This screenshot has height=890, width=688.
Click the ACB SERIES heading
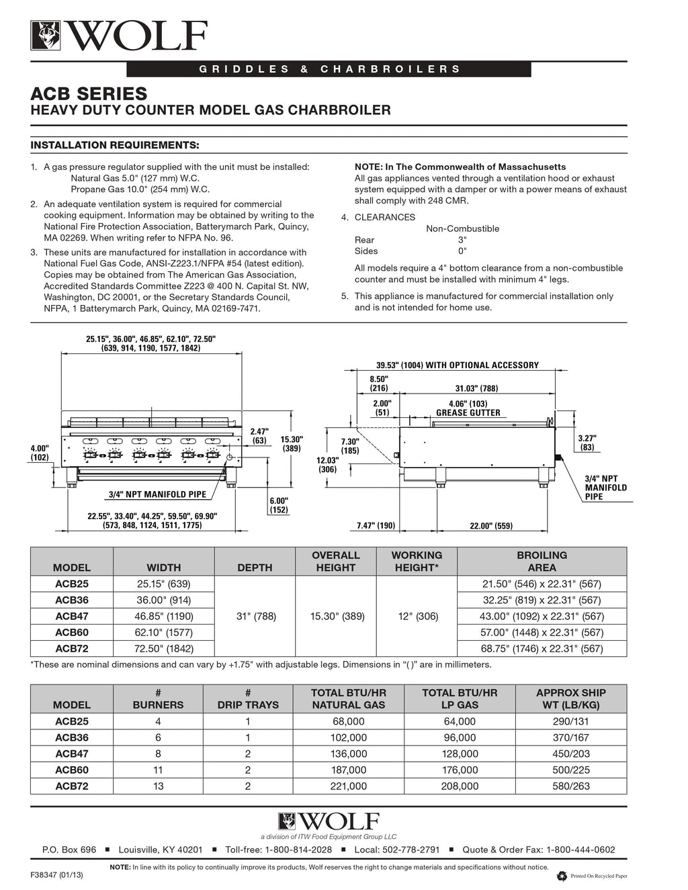coord(89,93)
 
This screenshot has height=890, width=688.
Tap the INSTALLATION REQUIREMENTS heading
coord(116,144)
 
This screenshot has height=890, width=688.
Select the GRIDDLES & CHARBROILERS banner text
coord(329,69)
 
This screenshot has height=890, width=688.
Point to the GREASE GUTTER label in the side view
coord(468,413)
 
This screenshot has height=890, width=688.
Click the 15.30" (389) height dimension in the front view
coord(291,443)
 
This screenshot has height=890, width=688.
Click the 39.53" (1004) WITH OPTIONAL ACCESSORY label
coord(458,365)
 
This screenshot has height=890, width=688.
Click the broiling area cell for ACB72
coord(542,649)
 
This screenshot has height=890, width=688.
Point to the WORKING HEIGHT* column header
coord(417,562)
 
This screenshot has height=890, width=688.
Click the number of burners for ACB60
coord(159,770)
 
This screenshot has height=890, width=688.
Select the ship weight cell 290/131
coord(570,721)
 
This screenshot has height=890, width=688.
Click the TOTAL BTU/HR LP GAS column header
coord(460,699)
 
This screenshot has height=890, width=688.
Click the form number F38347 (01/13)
coord(58,876)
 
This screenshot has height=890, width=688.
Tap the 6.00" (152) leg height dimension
coord(278,505)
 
